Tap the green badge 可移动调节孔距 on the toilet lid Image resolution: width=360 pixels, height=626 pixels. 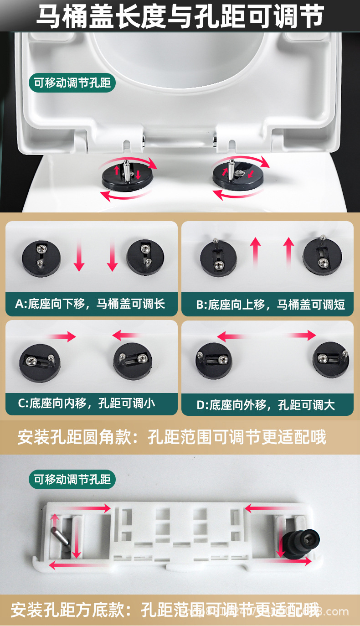(x=72, y=83)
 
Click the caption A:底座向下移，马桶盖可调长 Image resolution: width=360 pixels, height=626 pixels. (x=90, y=304)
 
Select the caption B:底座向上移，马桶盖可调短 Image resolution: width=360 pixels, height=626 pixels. (x=270, y=304)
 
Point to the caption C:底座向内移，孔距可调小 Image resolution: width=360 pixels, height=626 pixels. (x=86, y=403)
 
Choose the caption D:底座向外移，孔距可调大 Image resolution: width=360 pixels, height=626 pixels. (x=265, y=405)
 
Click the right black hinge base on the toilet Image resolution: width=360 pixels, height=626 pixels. (x=238, y=175)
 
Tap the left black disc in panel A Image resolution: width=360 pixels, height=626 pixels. (x=41, y=258)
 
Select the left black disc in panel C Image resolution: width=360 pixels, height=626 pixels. (x=40, y=363)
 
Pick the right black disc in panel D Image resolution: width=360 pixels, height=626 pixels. (x=331, y=361)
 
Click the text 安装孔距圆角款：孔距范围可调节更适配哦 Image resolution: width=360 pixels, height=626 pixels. (x=172, y=437)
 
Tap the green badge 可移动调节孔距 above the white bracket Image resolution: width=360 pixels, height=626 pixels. (x=72, y=479)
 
